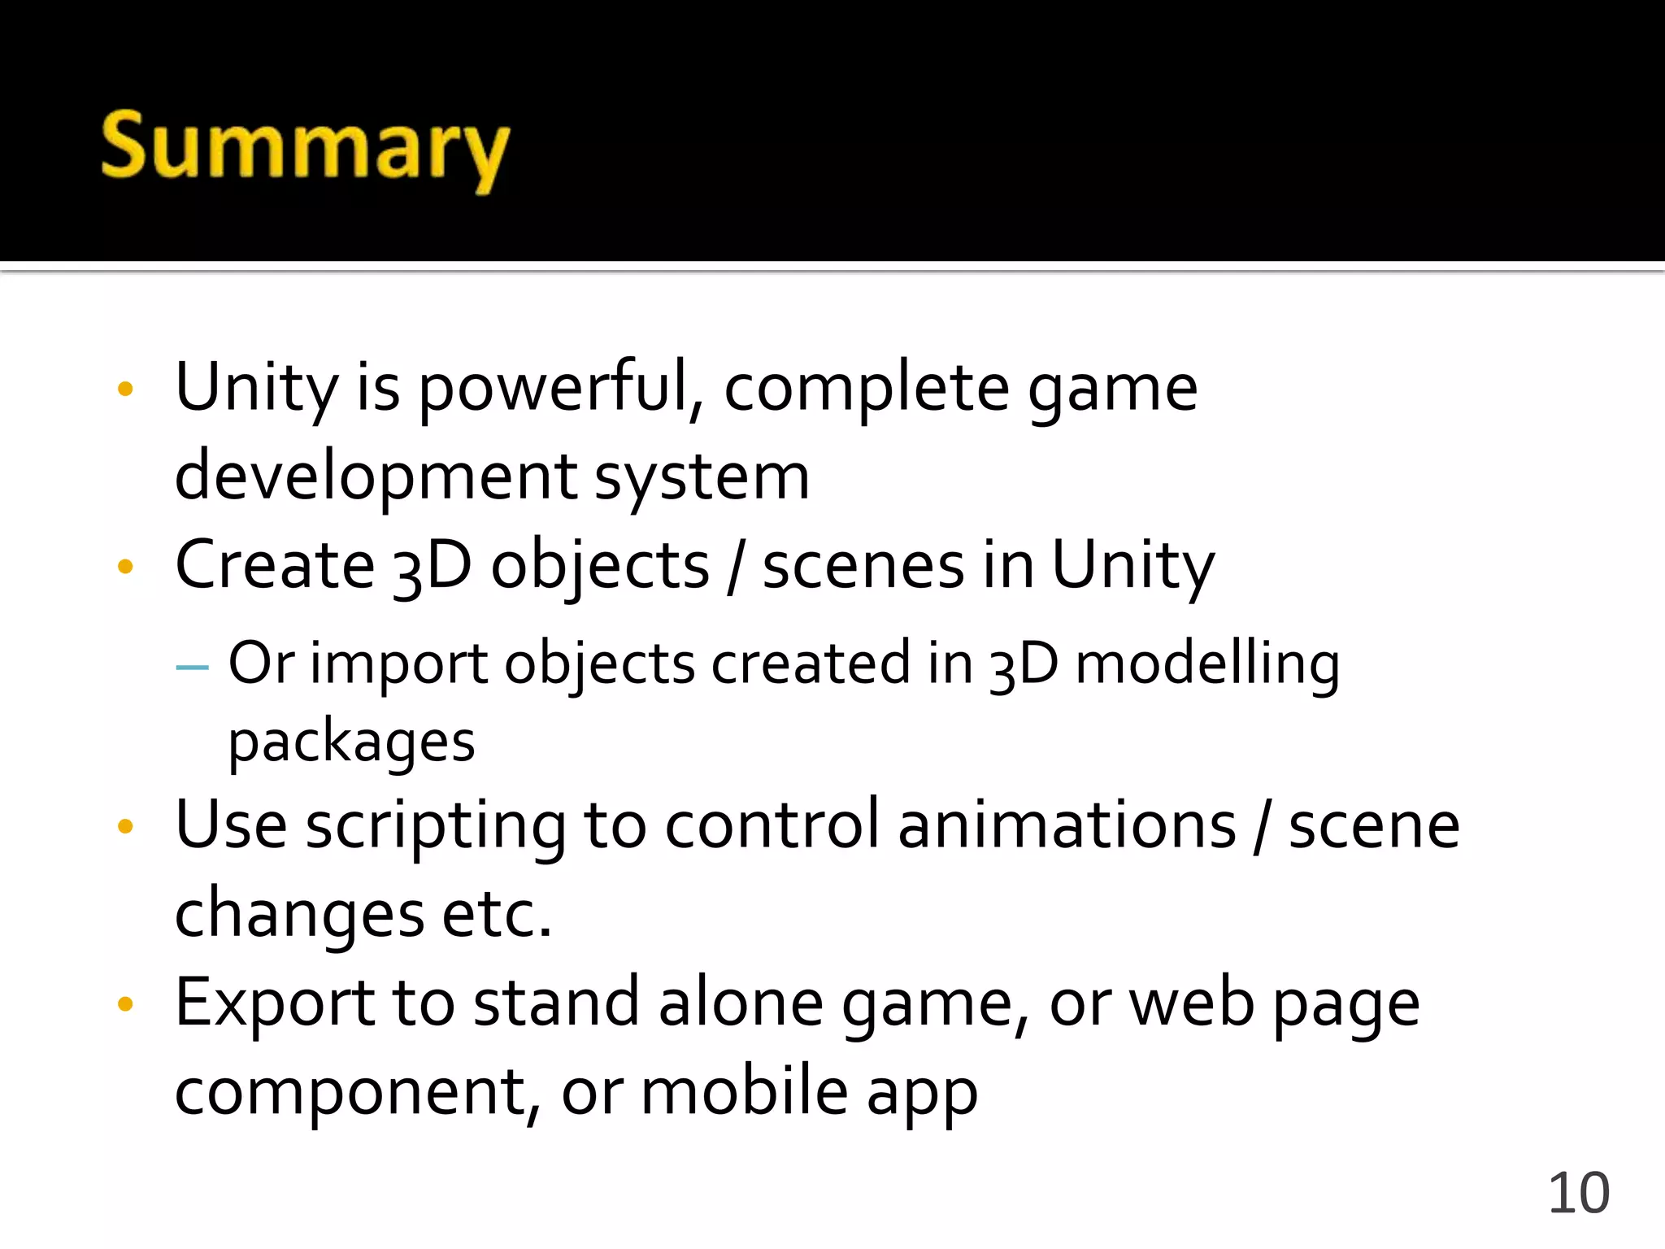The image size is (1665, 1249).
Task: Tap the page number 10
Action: point(1578,1193)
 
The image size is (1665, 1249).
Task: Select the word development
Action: point(376,477)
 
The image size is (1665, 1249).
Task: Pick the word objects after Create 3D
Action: point(600,568)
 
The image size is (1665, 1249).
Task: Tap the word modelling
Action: point(1207,664)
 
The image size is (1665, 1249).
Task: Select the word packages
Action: point(351,742)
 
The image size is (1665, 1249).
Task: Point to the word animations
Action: point(1067,825)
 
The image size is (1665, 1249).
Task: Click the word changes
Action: point(299,914)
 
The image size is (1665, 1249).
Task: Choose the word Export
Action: point(274,1003)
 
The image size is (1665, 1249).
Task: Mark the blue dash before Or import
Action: point(192,667)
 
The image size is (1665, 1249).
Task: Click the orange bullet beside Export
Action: point(125,1004)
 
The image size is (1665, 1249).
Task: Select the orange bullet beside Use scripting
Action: point(125,827)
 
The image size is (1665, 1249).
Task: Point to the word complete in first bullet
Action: point(866,389)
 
